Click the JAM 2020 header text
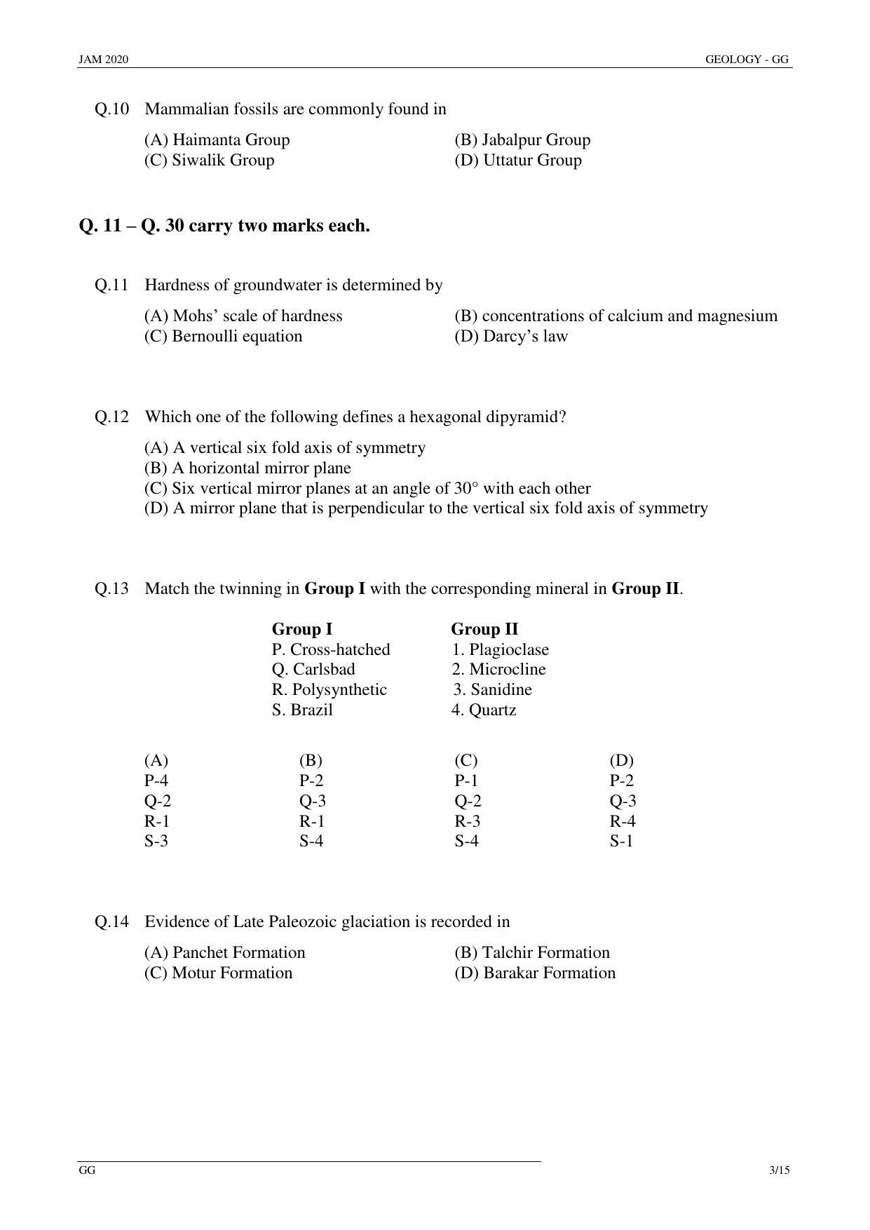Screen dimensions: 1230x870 pyautogui.click(x=103, y=60)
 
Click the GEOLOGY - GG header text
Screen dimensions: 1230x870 pyautogui.click(x=747, y=60)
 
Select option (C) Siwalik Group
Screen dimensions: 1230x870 pyautogui.click(x=209, y=161)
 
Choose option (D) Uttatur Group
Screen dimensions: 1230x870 pyautogui.click(x=517, y=161)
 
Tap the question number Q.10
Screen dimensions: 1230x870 pyautogui.click(x=111, y=109)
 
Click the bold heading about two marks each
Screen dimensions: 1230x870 pyautogui.click(x=224, y=226)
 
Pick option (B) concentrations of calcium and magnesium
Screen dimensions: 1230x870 pyautogui.click(x=616, y=316)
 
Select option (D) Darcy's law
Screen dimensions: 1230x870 pyautogui.click(x=510, y=337)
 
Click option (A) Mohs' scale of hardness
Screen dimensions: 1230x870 pyautogui.click(x=243, y=316)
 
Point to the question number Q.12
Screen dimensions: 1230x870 pyautogui.click(x=111, y=417)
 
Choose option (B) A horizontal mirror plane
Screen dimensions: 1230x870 pyautogui.click(x=247, y=468)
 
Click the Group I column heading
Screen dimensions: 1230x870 pyautogui.click(x=301, y=629)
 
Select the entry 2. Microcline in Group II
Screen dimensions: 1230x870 pyautogui.click(x=498, y=670)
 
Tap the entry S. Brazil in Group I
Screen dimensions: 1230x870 pyautogui.click(x=302, y=710)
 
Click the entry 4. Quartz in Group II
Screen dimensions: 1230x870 pyautogui.click(x=483, y=710)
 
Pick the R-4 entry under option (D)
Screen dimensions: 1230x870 pyautogui.click(x=622, y=822)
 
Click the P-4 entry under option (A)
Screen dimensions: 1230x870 pyautogui.click(x=156, y=781)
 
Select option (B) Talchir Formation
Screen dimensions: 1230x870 pyautogui.click(x=531, y=953)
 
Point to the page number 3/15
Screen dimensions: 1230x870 pyautogui.click(x=779, y=1170)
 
